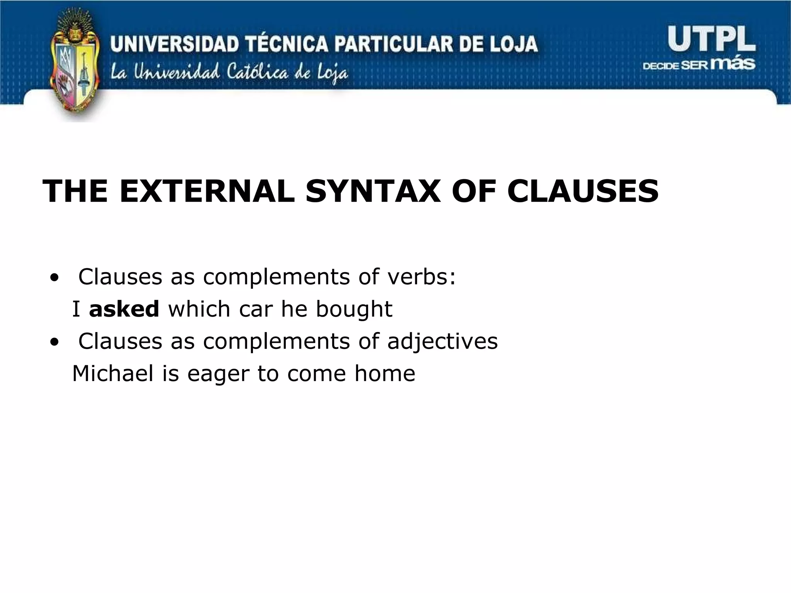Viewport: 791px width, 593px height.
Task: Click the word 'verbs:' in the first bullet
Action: pos(421,277)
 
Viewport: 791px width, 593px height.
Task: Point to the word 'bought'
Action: pos(354,310)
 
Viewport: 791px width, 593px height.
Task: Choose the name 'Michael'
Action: pos(113,373)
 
